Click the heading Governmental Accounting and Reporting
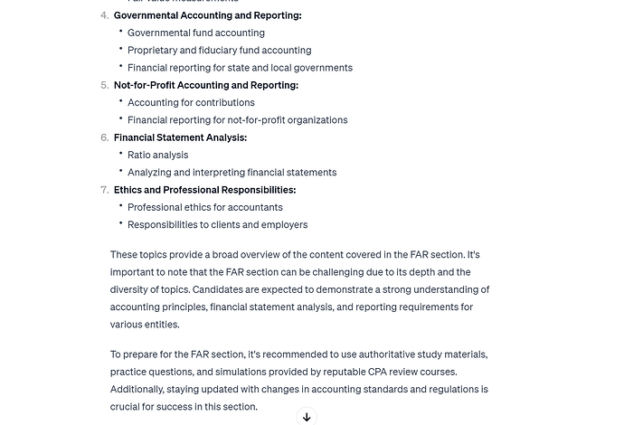click(207, 15)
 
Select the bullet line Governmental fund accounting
click(196, 33)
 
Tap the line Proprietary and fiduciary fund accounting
click(219, 51)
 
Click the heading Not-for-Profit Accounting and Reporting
click(205, 85)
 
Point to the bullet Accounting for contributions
click(191, 103)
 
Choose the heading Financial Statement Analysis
click(180, 137)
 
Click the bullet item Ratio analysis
click(157, 155)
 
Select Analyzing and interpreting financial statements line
click(232, 173)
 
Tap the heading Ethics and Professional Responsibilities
click(204, 190)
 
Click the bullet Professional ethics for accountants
click(204, 207)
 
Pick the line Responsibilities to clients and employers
click(217, 225)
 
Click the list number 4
click(104, 15)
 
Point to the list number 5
click(104, 85)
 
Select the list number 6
click(104, 137)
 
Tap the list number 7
click(104, 190)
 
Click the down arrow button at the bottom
click(307, 417)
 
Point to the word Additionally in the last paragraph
click(139, 390)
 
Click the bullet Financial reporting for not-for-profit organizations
click(237, 120)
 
